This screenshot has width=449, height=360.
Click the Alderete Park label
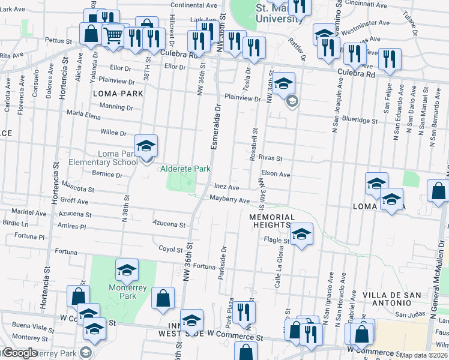pos(185,169)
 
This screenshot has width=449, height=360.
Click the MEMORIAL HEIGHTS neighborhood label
pos(272,221)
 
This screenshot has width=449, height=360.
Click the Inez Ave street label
pos(226,188)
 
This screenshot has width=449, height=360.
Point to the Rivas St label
pos(271,158)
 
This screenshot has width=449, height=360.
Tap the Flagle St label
pos(277,241)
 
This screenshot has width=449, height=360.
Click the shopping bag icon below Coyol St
pos(163,298)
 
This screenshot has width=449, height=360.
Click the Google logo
pos(20,353)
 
